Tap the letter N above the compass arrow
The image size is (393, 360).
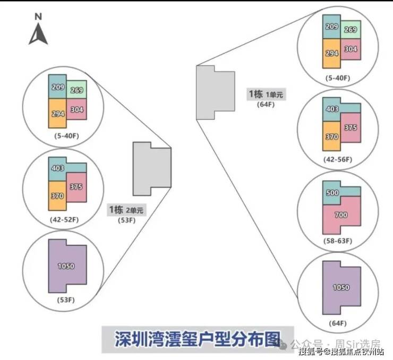tap(38, 16)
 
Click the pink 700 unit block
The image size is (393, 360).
tap(341, 215)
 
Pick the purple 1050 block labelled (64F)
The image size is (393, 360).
tap(340, 287)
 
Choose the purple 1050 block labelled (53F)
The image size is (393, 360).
tap(66, 266)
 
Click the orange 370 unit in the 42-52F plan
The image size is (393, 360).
tap(57, 195)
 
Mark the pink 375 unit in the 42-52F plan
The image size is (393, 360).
tap(76, 187)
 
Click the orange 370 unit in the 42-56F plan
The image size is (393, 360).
tap(331, 136)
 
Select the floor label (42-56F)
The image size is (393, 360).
tap(337, 159)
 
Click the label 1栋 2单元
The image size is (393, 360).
tap(126, 210)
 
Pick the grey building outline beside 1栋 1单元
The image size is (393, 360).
tap(215, 92)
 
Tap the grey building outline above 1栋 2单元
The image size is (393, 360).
tap(151, 168)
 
